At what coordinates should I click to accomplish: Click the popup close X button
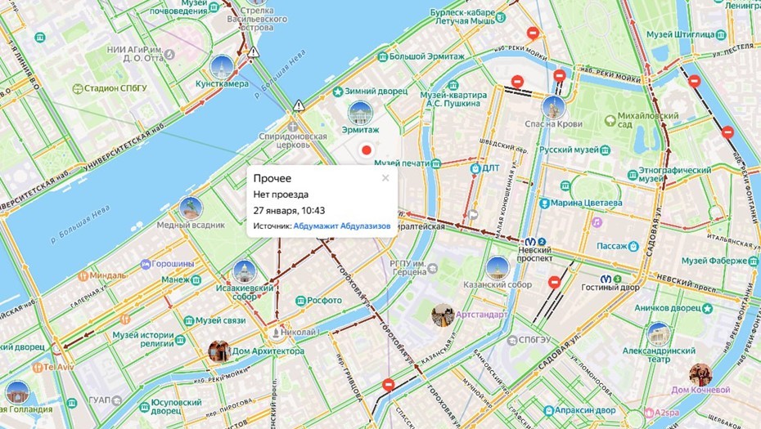click(x=385, y=178)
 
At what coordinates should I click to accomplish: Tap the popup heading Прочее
click(x=272, y=178)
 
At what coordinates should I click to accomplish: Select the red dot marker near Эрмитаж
click(x=367, y=150)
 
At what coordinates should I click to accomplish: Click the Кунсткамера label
click(x=221, y=84)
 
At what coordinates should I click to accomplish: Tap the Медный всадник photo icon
click(x=190, y=208)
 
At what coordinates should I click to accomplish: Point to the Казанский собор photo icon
click(x=498, y=267)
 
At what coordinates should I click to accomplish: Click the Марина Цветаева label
click(x=586, y=203)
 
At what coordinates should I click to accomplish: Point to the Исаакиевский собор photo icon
click(x=245, y=271)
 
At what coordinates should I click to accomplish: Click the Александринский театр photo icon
click(x=659, y=333)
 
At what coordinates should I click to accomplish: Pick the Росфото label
click(x=325, y=300)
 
